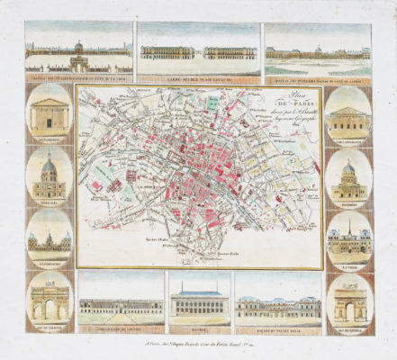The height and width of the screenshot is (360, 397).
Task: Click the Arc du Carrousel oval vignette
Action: (x=50, y=297)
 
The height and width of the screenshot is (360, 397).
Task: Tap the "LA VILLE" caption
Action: (x=347, y=265)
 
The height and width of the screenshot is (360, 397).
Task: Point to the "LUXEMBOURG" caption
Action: (x=50, y=265)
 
